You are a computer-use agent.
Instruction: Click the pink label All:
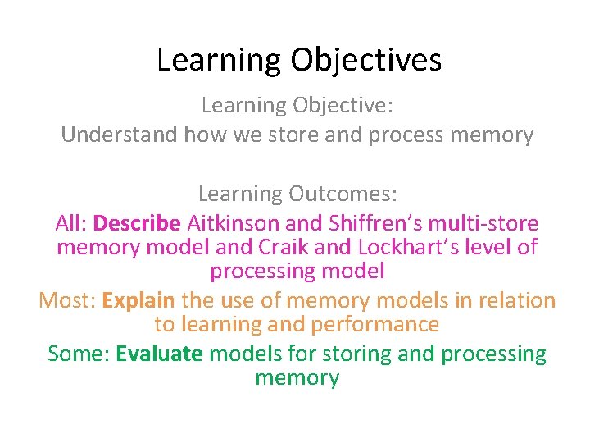pyautogui.click(x=71, y=223)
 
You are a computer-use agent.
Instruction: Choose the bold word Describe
pyautogui.click(x=138, y=223)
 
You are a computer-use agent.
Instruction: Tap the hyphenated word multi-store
pyautogui.click(x=487, y=223)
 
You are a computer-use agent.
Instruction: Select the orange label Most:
pyautogui.click(x=67, y=300)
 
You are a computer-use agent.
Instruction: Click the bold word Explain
pyautogui.click(x=138, y=300)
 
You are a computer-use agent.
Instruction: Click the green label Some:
pyautogui.click(x=79, y=354)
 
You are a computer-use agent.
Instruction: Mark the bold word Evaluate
pyautogui.click(x=160, y=354)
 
